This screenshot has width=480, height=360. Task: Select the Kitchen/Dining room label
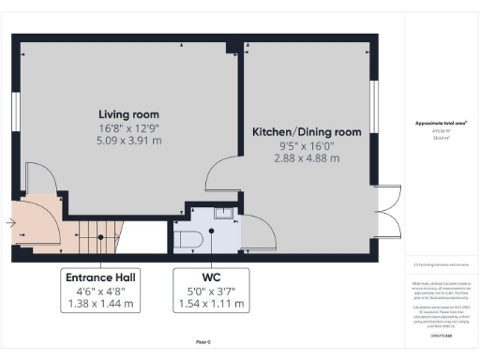click(x=308, y=133)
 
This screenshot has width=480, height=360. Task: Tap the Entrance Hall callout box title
click(x=99, y=278)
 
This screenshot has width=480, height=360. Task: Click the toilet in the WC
click(x=187, y=239)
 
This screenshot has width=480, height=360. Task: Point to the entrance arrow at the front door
click(x=9, y=224)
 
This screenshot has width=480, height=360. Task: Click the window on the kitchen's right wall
click(x=374, y=109)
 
